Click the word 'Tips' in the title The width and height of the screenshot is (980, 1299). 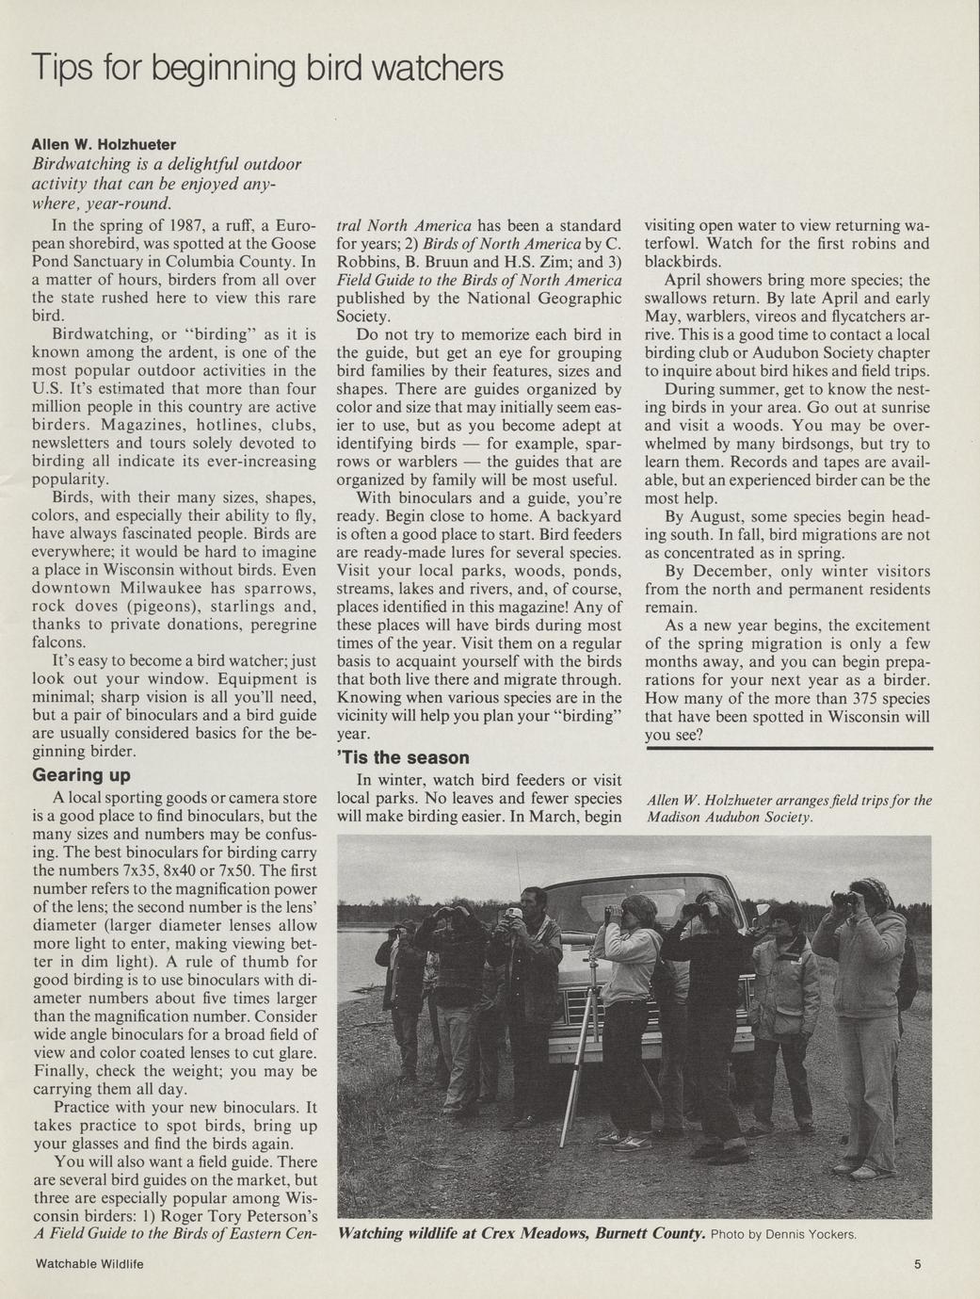coord(59,69)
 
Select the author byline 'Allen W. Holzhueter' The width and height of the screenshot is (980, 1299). coord(104,144)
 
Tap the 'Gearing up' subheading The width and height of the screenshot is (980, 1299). coord(81,775)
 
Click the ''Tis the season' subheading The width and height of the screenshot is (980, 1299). coord(403,757)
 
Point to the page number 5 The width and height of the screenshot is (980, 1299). coord(916,1264)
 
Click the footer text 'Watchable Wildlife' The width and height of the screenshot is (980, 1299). coord(88,1264)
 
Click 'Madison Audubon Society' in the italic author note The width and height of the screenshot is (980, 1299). coord(729,818)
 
